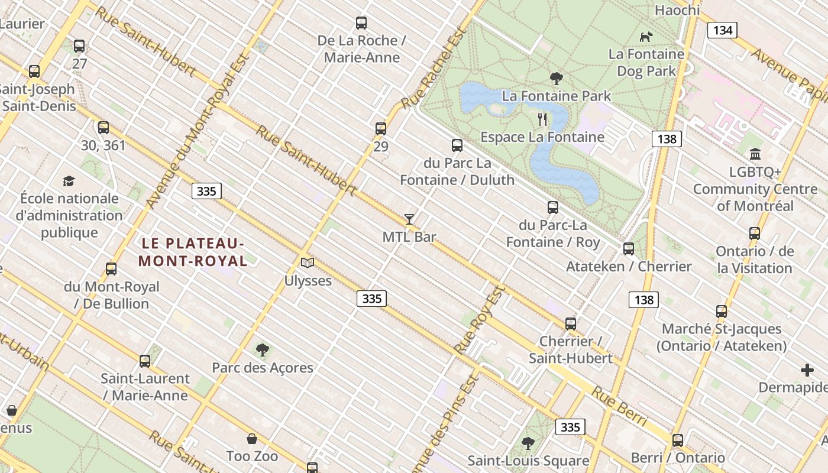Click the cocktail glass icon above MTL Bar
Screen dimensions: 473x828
[409, 219]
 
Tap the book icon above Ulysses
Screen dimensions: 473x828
[308, 263]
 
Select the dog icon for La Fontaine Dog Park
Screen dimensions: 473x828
[646, 37]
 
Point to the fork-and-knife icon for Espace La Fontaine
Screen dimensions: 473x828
[542, 119]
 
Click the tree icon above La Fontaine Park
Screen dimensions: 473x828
[556, 78]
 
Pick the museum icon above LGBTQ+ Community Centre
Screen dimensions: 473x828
[755, 154]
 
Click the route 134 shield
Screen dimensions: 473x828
[722, 30]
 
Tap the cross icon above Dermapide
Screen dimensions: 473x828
[807, 371]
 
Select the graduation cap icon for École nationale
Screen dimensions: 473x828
[69, 181]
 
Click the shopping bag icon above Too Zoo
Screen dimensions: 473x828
[252, 439]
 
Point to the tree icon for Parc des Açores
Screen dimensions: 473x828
[263, 350]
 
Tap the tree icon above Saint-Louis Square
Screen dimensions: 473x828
[528, 443]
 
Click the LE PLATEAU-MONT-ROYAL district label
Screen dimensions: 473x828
[192, 252]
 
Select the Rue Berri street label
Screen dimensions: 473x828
[620, 406]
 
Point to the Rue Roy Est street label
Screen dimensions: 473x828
[480, 319]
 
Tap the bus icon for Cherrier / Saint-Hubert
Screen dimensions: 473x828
[570, 324]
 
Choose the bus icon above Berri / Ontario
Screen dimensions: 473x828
[678, 440]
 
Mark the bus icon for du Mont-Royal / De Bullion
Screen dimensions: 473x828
[111, 269]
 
